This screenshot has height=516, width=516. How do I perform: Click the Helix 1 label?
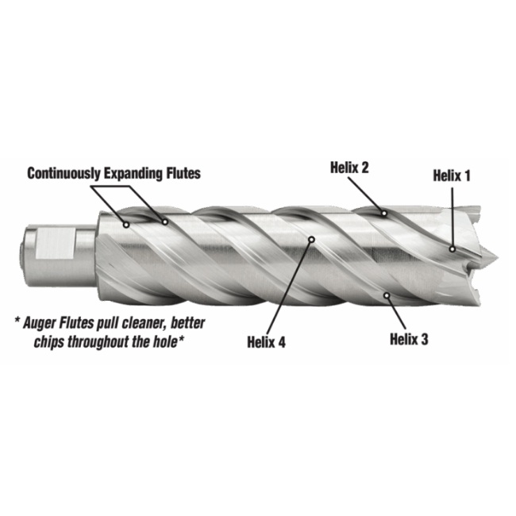pos(452,175)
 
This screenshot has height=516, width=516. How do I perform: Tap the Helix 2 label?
pos(349,168)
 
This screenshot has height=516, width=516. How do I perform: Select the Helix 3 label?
pos(409,339)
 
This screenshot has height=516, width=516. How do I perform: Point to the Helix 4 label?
pos(266,342)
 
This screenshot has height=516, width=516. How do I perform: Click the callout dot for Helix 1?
pos(452,249)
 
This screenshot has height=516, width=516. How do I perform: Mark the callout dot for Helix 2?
pos(383,214)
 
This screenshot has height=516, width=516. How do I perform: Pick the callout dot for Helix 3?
pos(387,295)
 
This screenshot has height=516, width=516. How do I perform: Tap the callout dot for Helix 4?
pos(312,239)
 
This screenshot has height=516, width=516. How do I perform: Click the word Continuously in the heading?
pos(64,173)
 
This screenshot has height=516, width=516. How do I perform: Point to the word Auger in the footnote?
pos(40,323)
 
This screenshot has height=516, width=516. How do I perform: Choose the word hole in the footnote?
pos(164,342)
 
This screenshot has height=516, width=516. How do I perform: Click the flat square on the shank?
pos(55,243)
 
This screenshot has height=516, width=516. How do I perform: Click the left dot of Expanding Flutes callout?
pos(126,225)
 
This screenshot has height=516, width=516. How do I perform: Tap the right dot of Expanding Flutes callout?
pos(165,222)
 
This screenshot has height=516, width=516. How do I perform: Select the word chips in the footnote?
pos(50,342)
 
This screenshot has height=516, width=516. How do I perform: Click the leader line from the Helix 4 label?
pos(289,287)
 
